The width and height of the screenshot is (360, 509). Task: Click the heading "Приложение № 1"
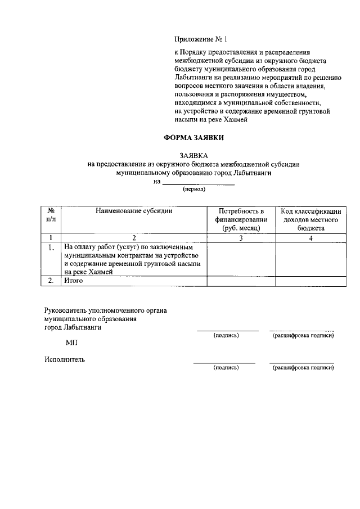tap(200, 39)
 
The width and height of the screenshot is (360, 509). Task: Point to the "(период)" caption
tap(194, 190)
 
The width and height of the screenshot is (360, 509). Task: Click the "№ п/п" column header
tap(51, 215)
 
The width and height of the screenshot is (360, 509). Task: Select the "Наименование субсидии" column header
tap(134, 211)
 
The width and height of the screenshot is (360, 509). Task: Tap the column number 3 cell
tap(241, 238)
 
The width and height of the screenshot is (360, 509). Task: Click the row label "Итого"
tap(73, 281)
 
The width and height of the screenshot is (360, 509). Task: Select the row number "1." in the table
tap(51, 247)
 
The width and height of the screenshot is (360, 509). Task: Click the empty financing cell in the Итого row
tap(241, 281)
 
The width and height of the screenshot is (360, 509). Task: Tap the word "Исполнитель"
tap(65, 360)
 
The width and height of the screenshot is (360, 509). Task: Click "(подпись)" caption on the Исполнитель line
tap(226, 368)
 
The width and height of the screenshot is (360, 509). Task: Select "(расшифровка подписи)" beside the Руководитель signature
tap(303, 336)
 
